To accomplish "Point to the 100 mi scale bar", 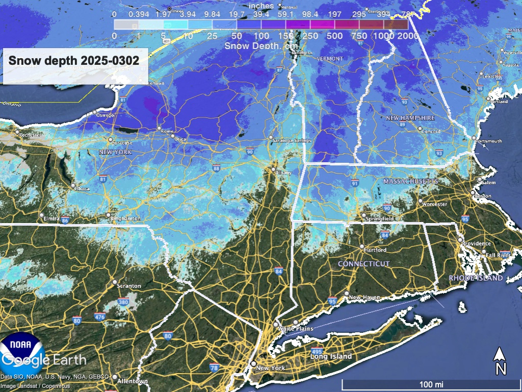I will [x=430, y=383].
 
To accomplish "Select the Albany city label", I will [x=283, y=173].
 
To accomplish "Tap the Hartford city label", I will [x=375, y=250].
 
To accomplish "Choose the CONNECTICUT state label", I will [x=364, y=264].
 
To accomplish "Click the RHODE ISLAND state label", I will [x=476, y=278].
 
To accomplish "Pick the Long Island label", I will [x=331, y=356].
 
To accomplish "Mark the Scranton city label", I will [x=128, y=286].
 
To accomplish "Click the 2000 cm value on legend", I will [x=407, y=37].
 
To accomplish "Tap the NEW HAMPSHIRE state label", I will [x=410, y=118].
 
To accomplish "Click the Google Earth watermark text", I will [x=43, y=359].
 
